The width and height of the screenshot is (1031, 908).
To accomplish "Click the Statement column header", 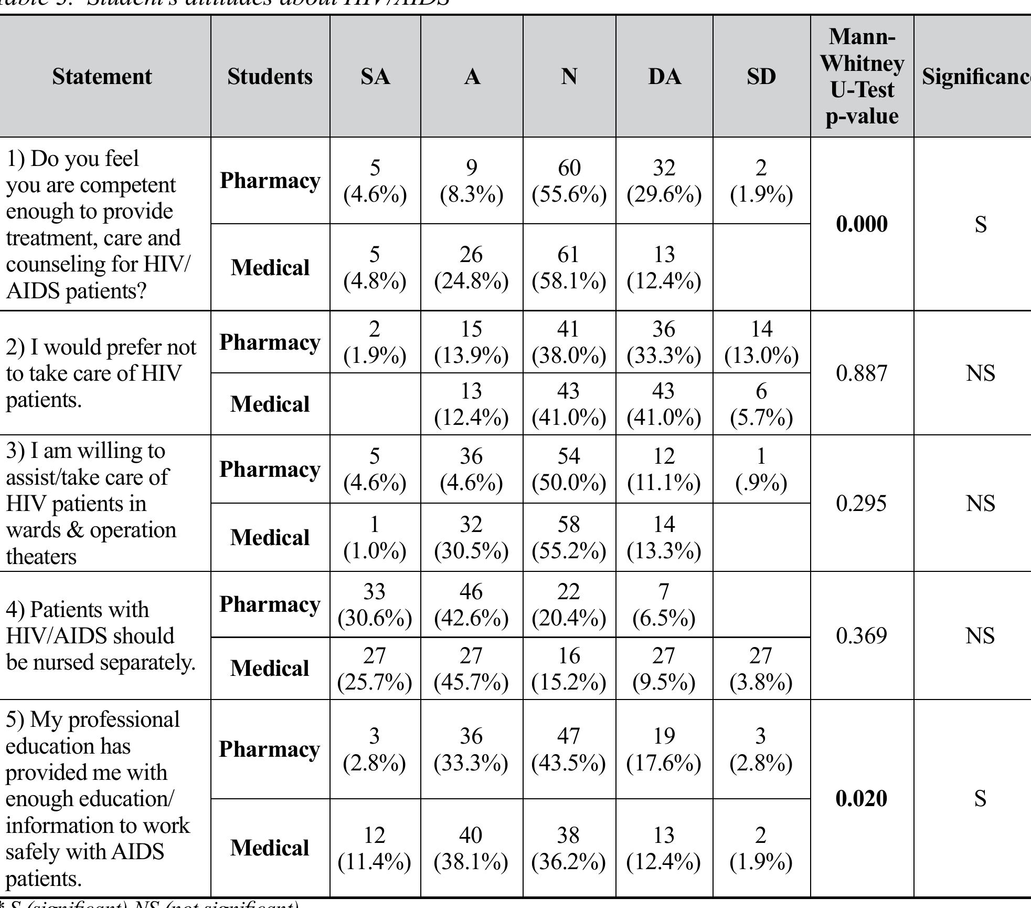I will (x=102, y=77).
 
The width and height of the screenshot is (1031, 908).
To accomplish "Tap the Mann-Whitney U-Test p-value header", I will (x=862, y=77).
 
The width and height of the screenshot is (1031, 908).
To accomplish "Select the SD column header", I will (x=761, y=77).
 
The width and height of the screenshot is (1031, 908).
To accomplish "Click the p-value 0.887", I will (x=862, y=373).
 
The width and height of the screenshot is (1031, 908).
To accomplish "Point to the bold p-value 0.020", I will (x=862, y=798).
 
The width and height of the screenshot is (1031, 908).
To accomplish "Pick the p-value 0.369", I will (x=862, y=635).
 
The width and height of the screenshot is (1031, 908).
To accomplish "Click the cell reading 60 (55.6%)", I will (x=569, y=181).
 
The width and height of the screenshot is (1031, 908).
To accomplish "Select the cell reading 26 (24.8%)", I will (x=471, y=268).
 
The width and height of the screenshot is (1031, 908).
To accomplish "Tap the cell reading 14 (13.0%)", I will (x=761, y=342).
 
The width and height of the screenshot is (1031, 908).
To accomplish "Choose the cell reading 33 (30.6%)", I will (x=375, y=605).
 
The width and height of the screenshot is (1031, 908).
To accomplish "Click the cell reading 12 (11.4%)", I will (x=375, y=848).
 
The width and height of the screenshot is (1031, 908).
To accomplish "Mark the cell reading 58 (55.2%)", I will (x=569, y=538).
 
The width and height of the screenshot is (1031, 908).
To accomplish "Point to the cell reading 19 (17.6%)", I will (x=664, y=749).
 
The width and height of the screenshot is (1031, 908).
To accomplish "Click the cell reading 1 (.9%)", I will (x=761, y=469).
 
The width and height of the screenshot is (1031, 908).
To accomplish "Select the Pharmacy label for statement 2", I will (x=270, y=342).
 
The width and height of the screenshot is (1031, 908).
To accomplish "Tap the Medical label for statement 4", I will (x=270, y=669).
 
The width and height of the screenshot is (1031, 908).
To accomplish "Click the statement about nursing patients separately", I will (x=100, y=635).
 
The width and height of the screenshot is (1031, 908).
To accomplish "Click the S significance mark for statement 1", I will (x=980, y=224).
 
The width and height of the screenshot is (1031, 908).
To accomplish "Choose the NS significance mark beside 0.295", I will (x=980, y=503).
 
